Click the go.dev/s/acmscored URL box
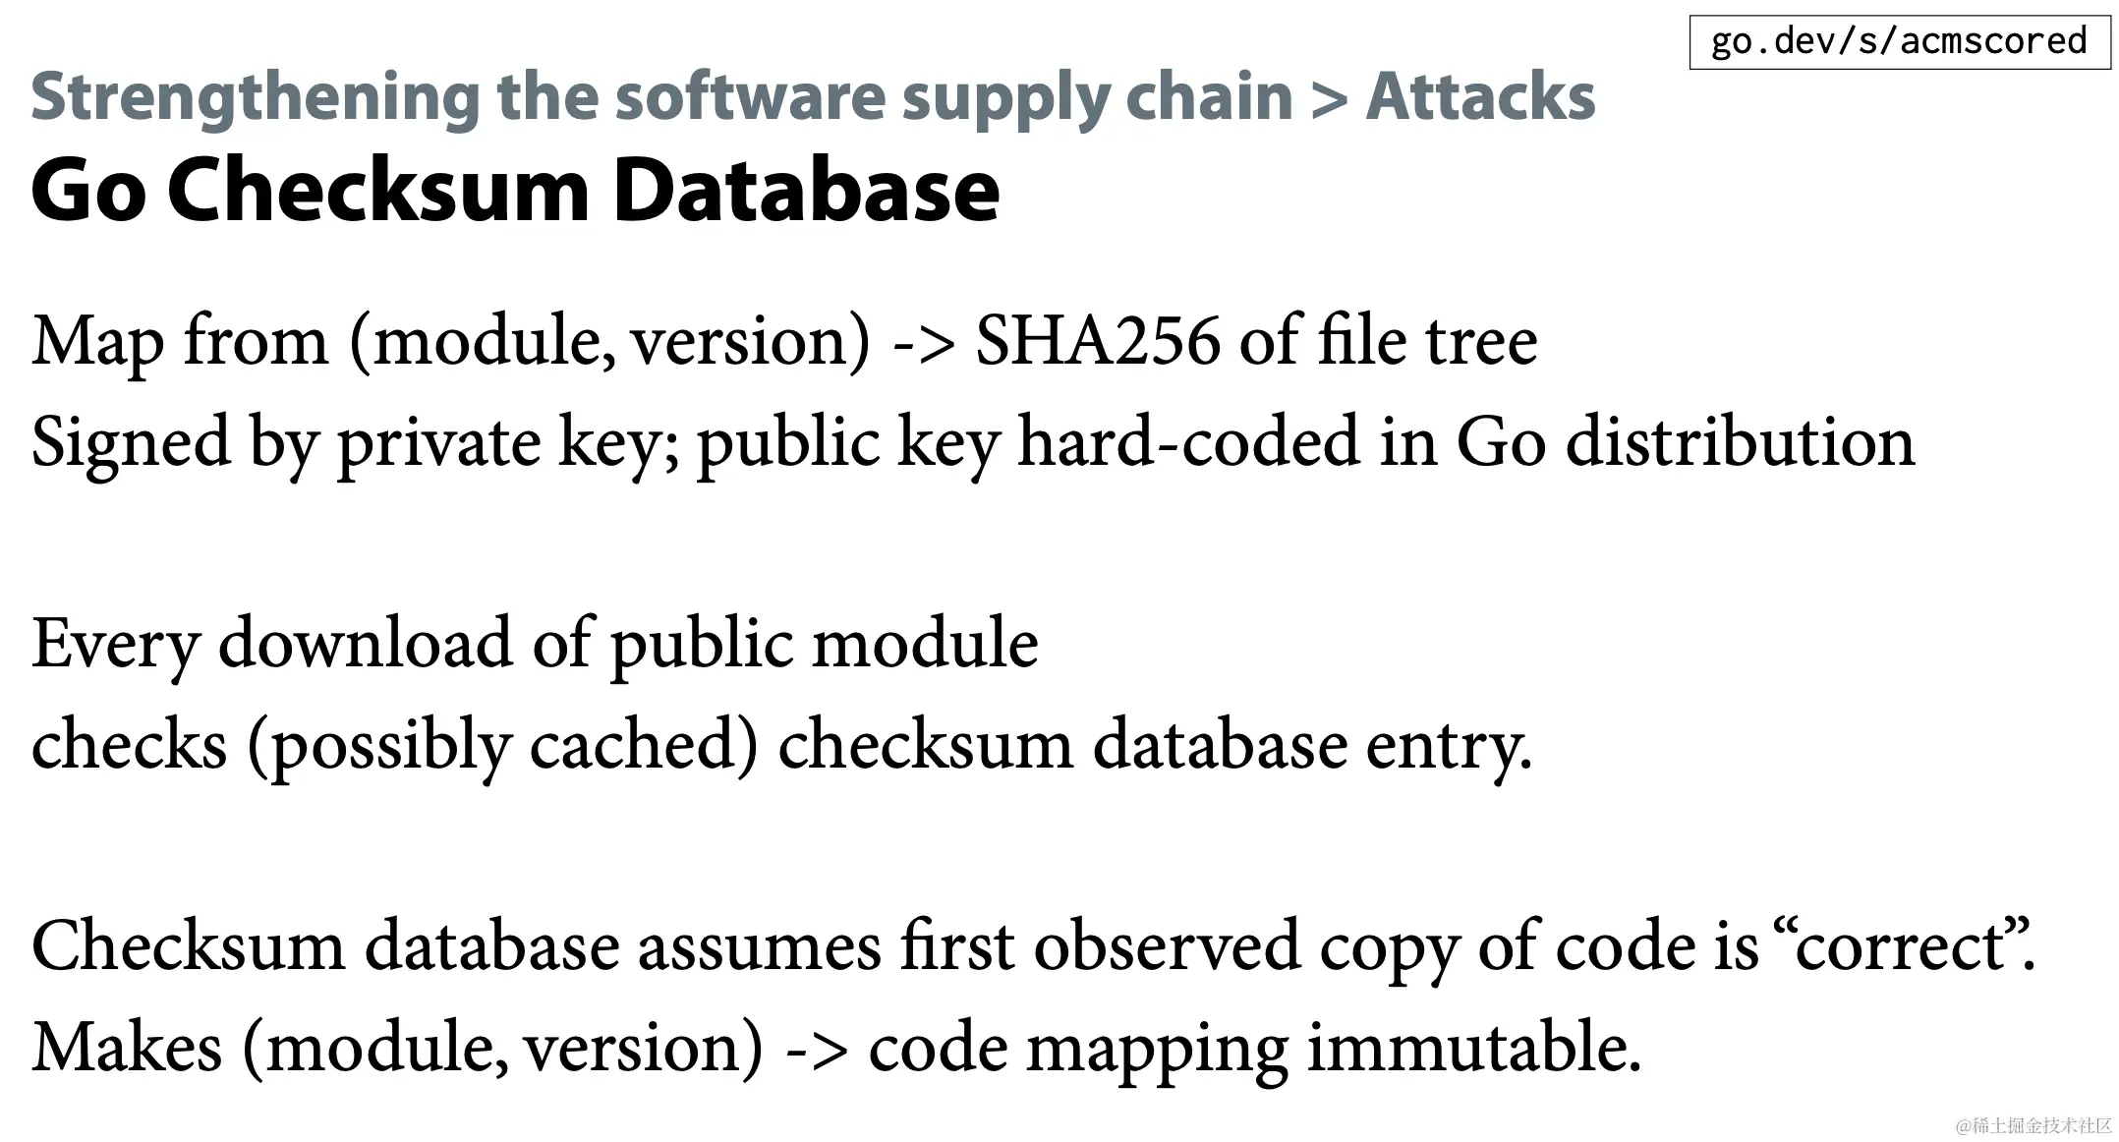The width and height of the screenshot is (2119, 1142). [x=1899, y=42]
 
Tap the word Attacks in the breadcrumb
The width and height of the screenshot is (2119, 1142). [x=1480, y=98]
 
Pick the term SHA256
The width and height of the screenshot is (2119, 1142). [x=1097, y=342]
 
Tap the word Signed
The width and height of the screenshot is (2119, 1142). [x=131, y=443]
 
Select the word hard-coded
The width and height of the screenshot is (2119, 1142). [x=1187, y=442]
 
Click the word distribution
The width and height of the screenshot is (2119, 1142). [x=1740, y=442]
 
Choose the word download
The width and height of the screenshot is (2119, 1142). [x=365, y=644]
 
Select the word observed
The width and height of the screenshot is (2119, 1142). [x=1167, y=946]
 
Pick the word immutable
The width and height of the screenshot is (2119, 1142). [x=1473, y=1048]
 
